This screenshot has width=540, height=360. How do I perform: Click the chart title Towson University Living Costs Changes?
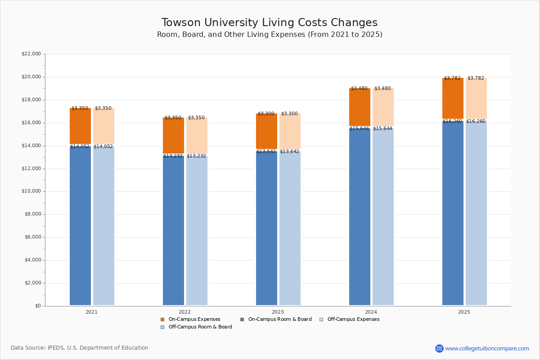(x=270, y=22)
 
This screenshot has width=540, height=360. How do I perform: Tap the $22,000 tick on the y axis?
(x=31, y=54)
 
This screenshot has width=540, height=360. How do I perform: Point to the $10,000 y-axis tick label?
(x=31, y=191)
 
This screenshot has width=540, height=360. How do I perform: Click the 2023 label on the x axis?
(x=278, y=311)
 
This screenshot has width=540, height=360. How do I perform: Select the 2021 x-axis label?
(x=91, y=311)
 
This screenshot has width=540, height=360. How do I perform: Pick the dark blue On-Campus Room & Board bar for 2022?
(x=173, y=229)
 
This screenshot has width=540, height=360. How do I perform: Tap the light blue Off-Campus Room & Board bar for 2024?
(x=383, y=216)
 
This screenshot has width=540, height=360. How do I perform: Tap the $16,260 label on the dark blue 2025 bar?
(x=452, y=121)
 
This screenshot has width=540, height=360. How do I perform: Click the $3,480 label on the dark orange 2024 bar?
(x=359, y=88)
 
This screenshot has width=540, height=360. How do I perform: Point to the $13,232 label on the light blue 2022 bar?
(x=196, y=156)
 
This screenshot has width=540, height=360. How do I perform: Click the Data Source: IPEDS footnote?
(x=80, y=348)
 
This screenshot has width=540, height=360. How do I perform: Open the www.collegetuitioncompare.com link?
(x=487, y=348)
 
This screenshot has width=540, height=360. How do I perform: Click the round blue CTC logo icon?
(x=439, y=348)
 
